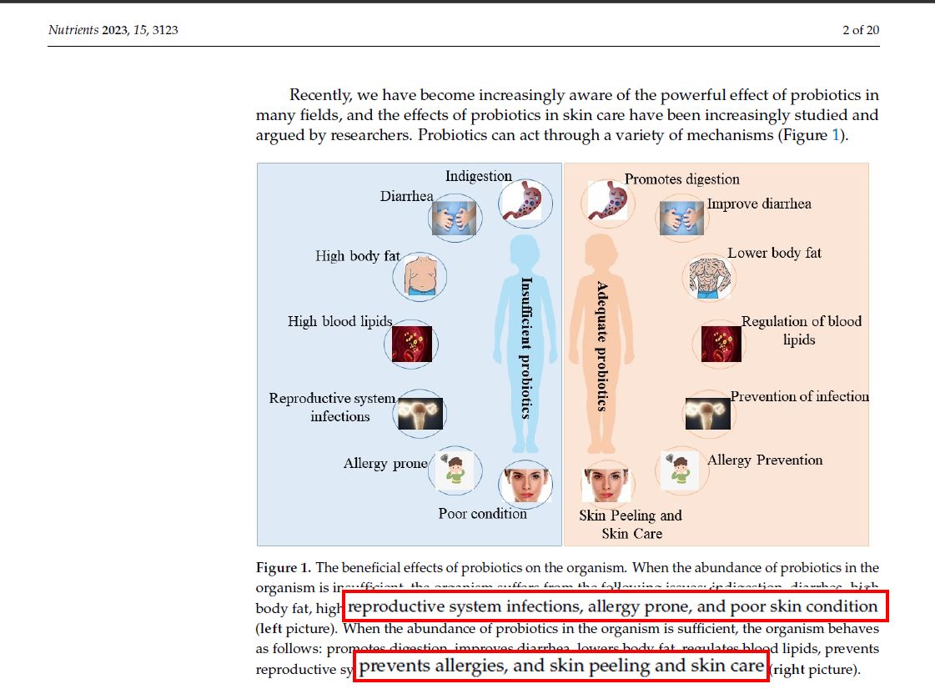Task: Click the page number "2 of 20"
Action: [860, 31]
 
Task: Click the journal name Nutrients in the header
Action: [73, 31]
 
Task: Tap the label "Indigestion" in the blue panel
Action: [478, 176]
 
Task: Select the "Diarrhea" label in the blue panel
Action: [406, 196]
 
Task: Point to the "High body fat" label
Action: [357, 256]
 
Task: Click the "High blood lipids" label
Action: [339, 321]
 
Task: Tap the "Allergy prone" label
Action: [385, 463]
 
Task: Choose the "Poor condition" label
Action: [482, 513]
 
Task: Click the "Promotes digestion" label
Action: [681, 179]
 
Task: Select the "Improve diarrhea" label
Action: [758, 204]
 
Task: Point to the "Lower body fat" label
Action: [774, 253]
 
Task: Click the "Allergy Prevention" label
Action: [764, 460]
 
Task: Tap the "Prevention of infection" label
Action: [799, 396]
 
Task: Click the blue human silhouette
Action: [525, 350]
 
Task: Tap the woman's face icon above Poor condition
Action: [525, 484]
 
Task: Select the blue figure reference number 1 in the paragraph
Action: [837, 135]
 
